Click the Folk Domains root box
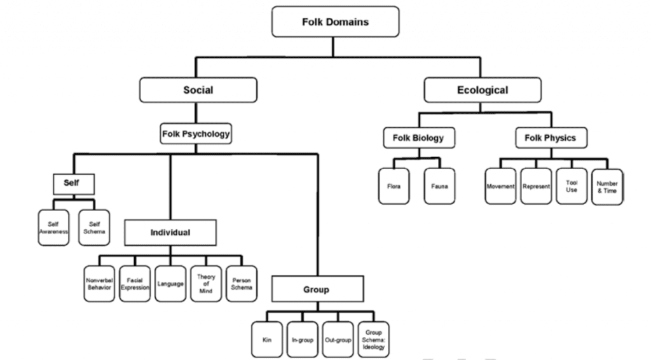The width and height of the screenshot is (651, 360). click(335, 22)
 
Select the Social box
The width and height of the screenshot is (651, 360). click(198, 90)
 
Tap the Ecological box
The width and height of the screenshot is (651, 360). click(483, 90)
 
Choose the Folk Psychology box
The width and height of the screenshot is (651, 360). click(195, 135)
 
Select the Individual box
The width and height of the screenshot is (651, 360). click(170, 232)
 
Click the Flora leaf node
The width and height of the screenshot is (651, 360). click(394, 187)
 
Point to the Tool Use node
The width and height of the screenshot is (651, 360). click(572, 186)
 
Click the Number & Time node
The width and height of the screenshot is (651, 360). click(607, 187)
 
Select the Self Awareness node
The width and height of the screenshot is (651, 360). click(53, 228)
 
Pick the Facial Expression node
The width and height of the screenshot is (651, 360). click(135, 283)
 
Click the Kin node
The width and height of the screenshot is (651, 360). click(266, 339)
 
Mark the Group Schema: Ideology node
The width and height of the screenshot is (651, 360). click(374, 339)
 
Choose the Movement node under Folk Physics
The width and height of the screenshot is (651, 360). click(500, 186)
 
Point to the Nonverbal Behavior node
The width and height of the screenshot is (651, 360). click(99, 283)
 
